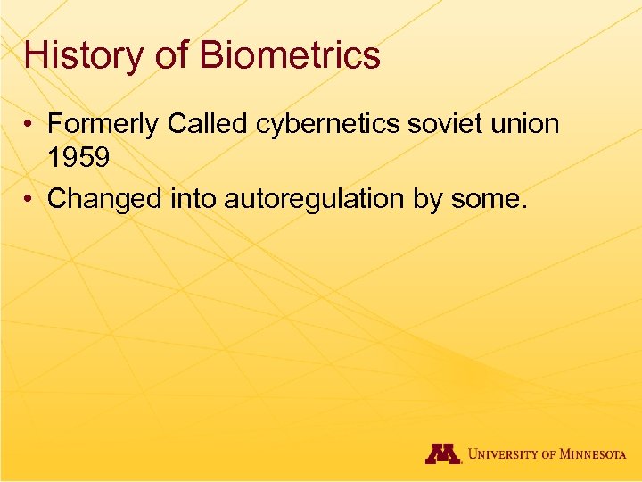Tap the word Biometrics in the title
click(291, 55)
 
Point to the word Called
click(209, 124)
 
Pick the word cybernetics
click(329, 124)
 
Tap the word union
click(525, 124)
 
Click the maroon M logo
click(442, 453)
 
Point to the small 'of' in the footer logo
click(550, 454)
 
